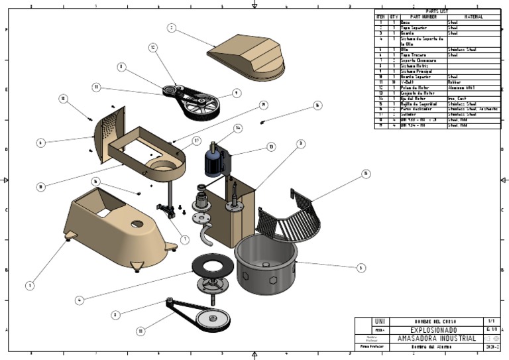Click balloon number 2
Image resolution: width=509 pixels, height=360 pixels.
click(x=172, y=29)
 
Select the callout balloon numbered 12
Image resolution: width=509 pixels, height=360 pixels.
click(x=152, y=48)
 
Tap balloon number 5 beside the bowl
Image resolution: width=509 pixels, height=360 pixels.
click(x=361, y=268)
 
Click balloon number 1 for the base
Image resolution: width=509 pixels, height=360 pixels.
click(x=30, y=285)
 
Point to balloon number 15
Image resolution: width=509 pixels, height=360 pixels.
click(x=365, y=174)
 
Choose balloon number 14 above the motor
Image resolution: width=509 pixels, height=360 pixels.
click(x=237, y=128)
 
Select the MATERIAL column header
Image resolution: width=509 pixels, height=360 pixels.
click(x=473, y=17)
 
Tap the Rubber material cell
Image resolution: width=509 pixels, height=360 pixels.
click(x=457, y=83)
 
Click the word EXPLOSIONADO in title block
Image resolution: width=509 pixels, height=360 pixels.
click(x=432, y=330)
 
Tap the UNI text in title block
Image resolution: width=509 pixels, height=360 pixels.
click(x=379, y=322)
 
